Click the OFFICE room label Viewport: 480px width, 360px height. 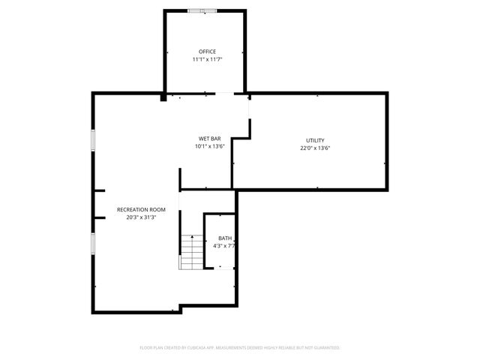(207, 51)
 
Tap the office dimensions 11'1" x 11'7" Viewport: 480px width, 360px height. (207, 58)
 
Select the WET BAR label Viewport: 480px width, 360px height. (209, 139)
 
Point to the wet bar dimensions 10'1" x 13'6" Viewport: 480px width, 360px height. (209, 146)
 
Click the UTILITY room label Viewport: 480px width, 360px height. (315, 140)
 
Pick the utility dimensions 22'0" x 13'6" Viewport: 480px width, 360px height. (315, 148)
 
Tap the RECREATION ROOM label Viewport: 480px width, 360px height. (141, 209)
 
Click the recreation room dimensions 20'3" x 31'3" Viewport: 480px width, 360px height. (141, 217)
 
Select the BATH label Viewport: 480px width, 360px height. (225, 238)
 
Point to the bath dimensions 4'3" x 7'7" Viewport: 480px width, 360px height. (225, 245)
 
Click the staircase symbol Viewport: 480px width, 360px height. (190, 252)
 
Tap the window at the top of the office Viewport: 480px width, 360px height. (202, 10)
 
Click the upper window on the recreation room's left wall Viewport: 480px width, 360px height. (93, 140)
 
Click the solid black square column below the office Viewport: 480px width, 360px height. (163, 96)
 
